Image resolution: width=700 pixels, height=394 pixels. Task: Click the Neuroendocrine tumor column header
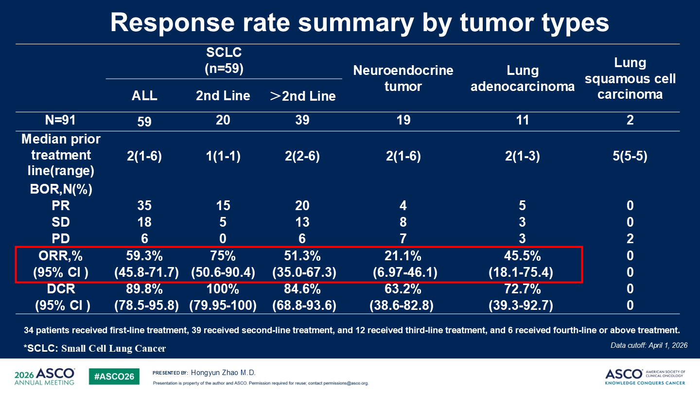click(403, 78)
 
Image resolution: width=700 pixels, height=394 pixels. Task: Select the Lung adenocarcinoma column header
click(523, 78)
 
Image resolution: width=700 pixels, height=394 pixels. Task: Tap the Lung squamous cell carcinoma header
click(630, 78)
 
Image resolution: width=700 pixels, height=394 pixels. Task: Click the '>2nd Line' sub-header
click(302, 96)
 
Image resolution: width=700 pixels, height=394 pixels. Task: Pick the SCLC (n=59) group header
click(224, 60)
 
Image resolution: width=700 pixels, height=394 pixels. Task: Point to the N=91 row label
click(60, 120)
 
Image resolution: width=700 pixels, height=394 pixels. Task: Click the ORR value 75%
click(223, 256)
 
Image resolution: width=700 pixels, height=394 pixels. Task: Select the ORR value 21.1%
click(403, 256)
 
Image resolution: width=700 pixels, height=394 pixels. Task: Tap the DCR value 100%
click(223, 289)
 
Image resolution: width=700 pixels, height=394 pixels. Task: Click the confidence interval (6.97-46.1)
click(405, 272)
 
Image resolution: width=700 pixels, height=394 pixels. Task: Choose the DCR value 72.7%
click(523, 289)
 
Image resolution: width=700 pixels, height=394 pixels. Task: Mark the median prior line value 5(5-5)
click(630, 156)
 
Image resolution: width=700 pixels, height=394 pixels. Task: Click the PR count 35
click(144, 205)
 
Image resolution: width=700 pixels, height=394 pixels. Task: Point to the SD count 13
click(302, 222)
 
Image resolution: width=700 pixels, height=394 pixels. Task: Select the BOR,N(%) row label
click(61, 189)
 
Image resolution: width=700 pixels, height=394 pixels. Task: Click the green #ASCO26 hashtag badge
click(114, 376)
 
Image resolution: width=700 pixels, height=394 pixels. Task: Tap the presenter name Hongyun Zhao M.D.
click(223, 373)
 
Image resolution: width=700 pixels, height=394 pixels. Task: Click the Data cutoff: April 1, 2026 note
click(649, 345)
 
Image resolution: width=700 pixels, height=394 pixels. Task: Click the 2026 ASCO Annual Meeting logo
click(44, 376)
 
